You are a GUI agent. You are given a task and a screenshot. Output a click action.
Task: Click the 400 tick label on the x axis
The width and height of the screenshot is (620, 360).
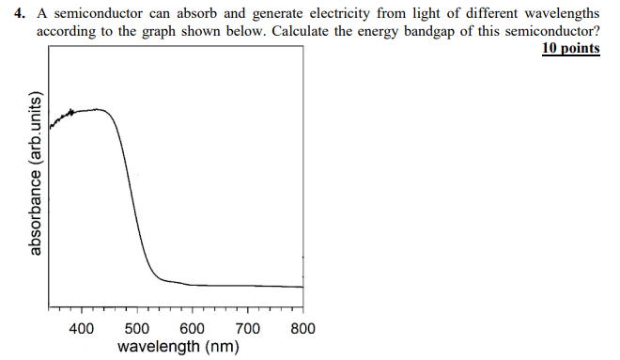click(82, 329)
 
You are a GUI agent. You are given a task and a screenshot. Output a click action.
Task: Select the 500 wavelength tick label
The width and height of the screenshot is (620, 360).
click(137, 329)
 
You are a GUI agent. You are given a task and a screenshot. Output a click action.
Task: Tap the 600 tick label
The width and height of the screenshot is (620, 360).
click(193, 329)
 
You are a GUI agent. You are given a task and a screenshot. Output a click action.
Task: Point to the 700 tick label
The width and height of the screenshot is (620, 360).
click(248, 329)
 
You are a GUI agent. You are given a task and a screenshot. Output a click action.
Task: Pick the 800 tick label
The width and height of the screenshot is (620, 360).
click(302, 329)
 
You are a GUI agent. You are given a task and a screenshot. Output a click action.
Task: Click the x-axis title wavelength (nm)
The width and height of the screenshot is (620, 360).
click(178, 347)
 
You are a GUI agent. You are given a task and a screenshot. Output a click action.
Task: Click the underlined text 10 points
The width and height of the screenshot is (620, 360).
click(571, 48)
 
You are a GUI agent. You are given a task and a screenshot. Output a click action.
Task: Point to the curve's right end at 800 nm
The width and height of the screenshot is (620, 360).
click(302, 287)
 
